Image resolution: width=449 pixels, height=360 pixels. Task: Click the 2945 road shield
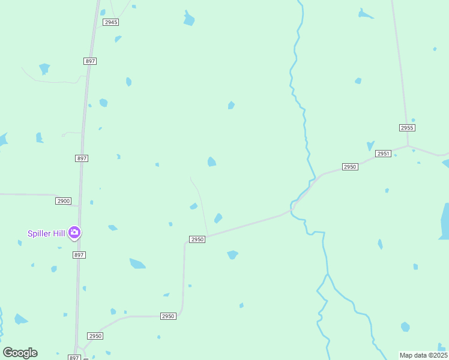point(110,22)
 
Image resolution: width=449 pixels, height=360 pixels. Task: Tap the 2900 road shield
point(63,200)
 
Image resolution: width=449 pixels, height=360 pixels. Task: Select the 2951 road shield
point(384,154)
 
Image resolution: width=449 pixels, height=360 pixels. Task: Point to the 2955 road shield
point(407,128)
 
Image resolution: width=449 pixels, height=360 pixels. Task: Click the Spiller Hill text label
point(46,233)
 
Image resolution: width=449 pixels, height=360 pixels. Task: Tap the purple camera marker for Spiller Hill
point(74,232)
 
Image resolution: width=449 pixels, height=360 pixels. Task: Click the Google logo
point(20,353)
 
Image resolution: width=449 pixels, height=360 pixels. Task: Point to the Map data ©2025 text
point(424,355)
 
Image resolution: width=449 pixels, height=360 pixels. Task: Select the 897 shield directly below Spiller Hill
point(79,255)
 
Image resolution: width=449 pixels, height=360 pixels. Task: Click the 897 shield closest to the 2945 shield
point(90,61)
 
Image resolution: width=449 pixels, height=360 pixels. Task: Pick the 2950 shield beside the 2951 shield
point(350,166)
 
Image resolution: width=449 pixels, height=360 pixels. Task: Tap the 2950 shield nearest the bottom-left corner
point(95,336)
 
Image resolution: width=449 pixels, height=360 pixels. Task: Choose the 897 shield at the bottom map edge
point(74,358)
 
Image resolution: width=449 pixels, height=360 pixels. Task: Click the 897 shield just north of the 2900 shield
point(82,158)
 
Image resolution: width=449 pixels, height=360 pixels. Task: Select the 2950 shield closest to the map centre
point(197,239)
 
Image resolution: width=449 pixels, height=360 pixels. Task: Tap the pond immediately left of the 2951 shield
point(370,146)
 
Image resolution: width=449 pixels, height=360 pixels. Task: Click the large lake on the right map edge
point(445,222)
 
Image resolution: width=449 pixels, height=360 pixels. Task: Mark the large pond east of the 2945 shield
point(189,19)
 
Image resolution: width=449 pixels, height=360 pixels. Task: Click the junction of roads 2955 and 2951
point(408,146)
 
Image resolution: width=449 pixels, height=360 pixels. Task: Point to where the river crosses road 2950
point(294,206)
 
